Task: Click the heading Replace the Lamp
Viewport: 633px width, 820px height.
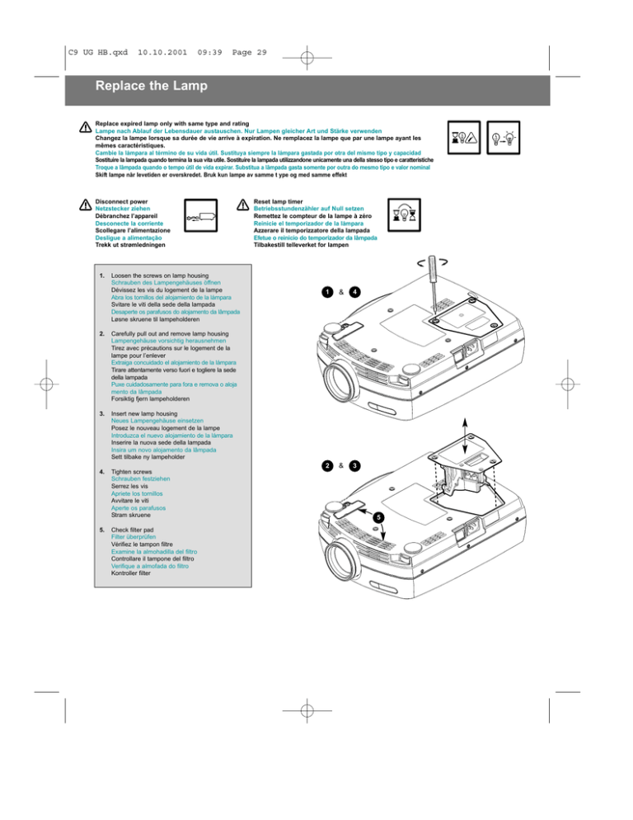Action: [150, 86]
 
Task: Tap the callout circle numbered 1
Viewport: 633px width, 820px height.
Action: [327, 292]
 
